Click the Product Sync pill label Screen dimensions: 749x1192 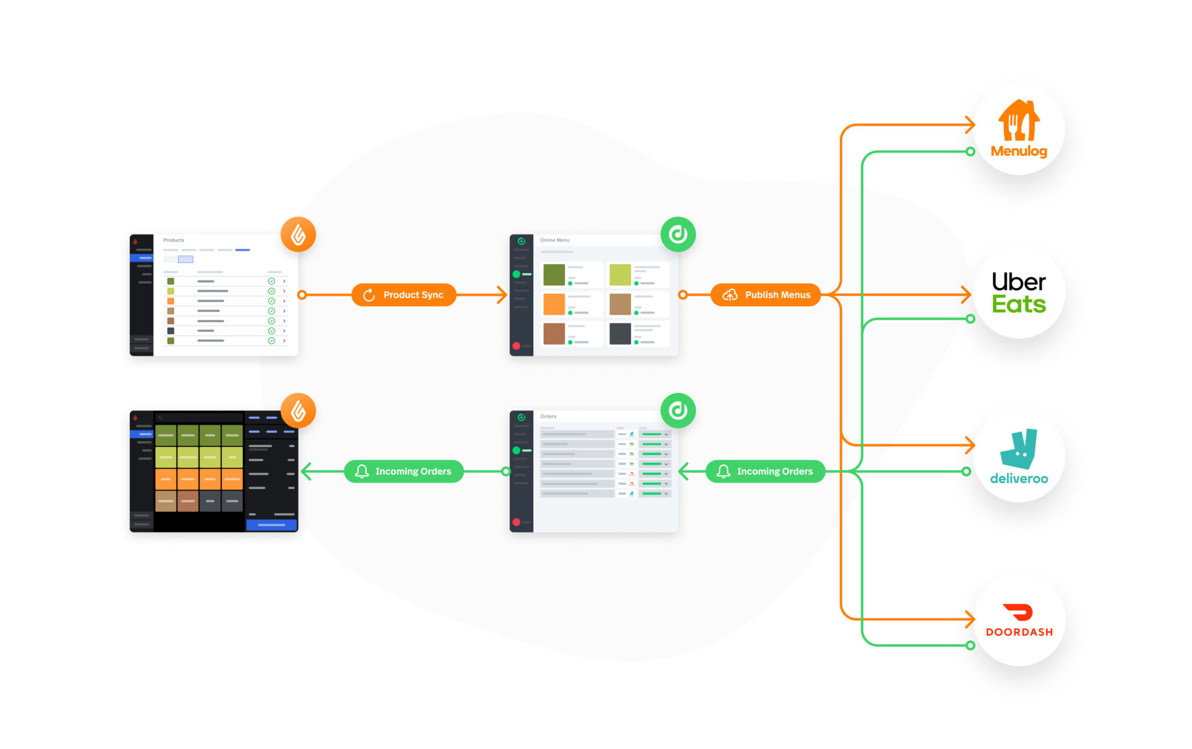point(404,295)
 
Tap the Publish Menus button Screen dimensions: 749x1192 point(765,295)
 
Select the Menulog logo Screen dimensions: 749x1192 point(1019,129)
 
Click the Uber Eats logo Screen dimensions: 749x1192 point(1019,293)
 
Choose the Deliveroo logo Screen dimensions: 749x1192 point(1019,457)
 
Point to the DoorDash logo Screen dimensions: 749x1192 point(1019,621)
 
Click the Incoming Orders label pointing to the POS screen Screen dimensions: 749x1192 point(404,471)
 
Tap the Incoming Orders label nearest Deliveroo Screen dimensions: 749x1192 point(765,471)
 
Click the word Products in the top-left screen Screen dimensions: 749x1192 point(173,240)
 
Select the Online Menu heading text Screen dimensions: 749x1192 point(555,240)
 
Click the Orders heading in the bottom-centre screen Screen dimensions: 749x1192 point(548,417)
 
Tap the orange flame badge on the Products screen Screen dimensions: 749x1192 point(298,235)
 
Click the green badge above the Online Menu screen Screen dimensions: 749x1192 point(678,235)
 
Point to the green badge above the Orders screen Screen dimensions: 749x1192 point(678,411)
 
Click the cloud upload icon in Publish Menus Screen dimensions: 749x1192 point(730,295)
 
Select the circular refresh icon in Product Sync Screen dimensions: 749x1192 point(369,295)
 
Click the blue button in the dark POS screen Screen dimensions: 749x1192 point(271,525)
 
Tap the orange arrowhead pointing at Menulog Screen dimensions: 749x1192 point(970,125)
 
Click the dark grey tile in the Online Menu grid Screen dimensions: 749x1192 point(620,334)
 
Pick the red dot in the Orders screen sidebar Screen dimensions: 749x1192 point(516,522)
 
